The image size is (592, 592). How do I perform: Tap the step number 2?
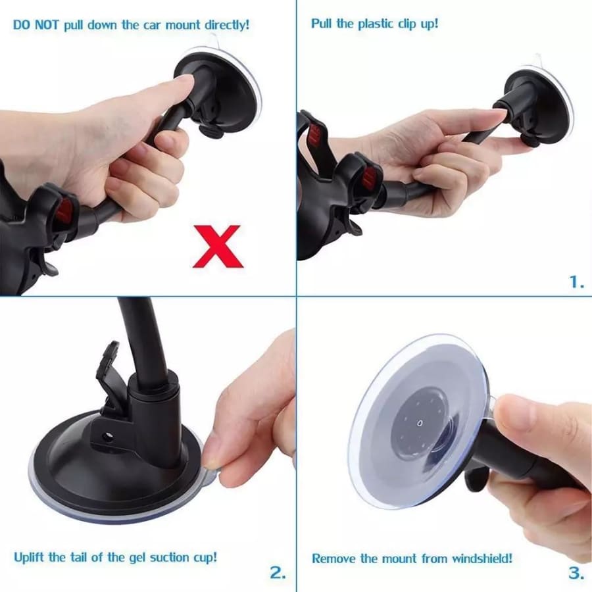(278, 572)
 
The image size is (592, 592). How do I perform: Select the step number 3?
(576, 572)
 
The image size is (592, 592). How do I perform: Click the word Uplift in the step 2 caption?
(29, 557)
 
